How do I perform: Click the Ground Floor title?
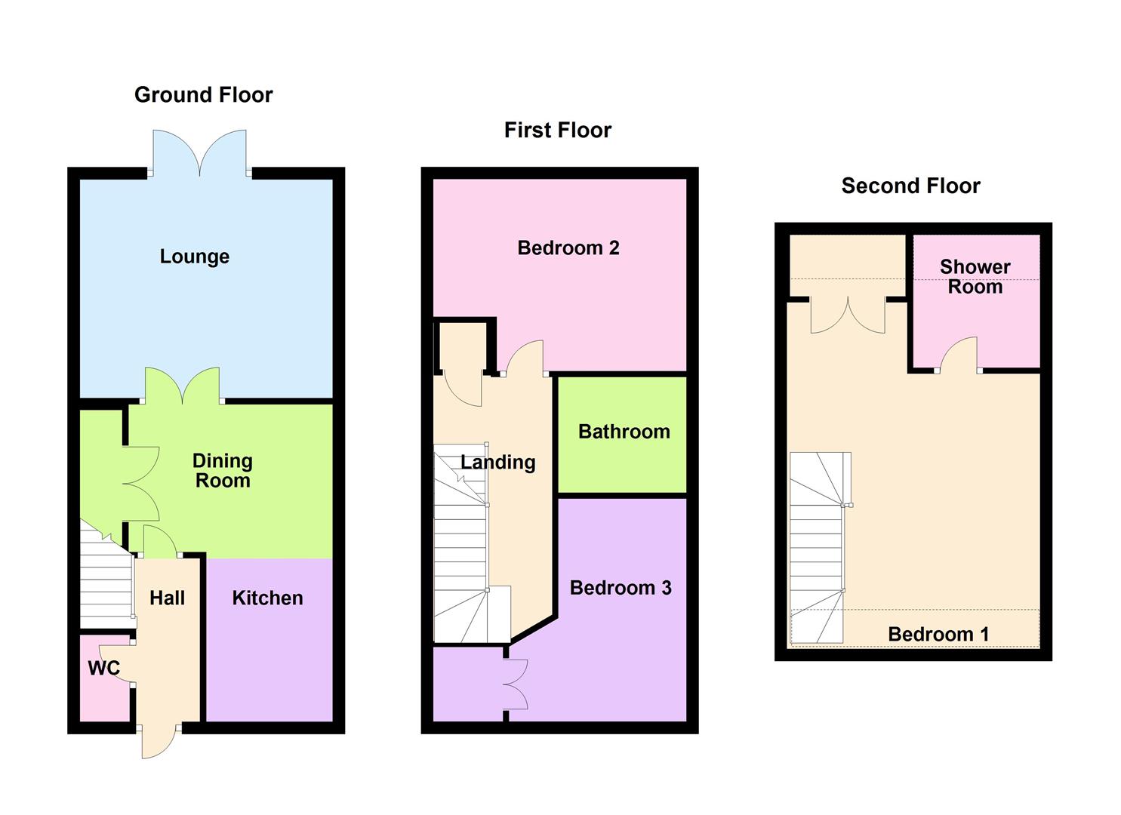(204, 94)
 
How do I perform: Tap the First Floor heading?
(558, 130)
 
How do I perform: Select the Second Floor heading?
(910, 186)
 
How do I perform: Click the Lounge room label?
(195, 257)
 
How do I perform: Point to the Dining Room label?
(223, 470)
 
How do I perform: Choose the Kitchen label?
(268, 598)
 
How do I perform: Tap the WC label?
(104, 668)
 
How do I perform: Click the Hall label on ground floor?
(167, 598)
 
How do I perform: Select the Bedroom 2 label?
(568, 248)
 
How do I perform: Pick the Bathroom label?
(624, 431)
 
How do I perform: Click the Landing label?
(498, 463)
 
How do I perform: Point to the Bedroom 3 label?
(621, 588)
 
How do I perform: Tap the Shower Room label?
(975, 277)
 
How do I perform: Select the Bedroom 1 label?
(938, 635)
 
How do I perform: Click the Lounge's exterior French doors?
(200, 153)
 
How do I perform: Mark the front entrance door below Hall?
(159, 742)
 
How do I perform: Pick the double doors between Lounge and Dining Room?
(182, 386)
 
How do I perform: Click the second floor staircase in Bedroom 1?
(821, 547)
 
